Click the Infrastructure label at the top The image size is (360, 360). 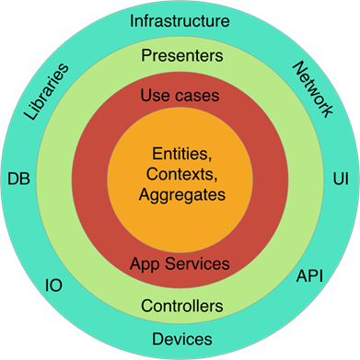pos(180,20)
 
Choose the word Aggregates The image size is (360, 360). pos(181,194)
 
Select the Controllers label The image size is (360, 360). pos(181,305)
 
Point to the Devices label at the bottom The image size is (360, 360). pos(181,338)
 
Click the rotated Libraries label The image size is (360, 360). pos(46,93)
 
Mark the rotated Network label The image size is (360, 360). pos(312,91)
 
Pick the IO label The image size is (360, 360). pos(53,285)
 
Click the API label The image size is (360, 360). pos(308,276)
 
